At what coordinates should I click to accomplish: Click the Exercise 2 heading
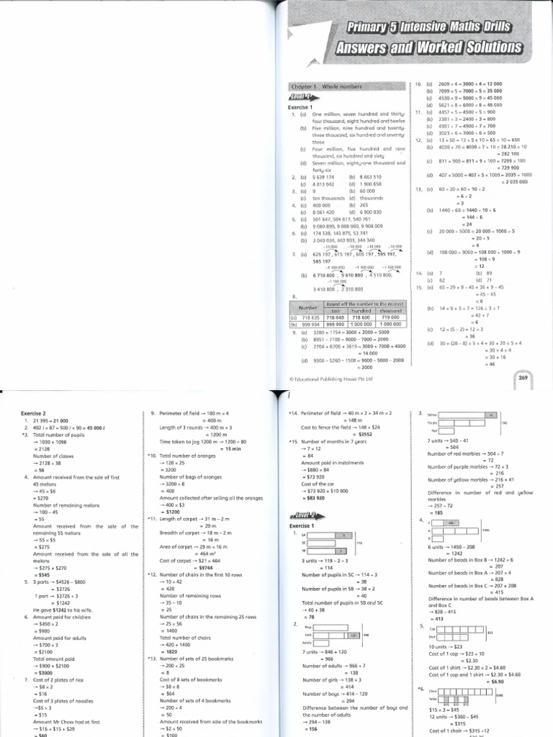(32, 413)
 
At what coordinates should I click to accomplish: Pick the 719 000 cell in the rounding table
(390, 316)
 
